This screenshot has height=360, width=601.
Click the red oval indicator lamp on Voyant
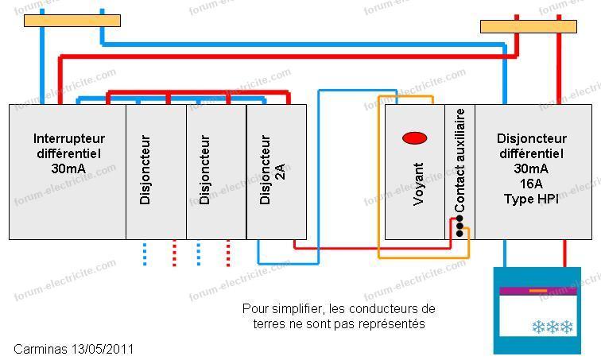pos(415,137)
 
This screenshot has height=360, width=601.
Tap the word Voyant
pos(418,184)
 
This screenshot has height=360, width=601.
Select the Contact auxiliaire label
pos(459,160)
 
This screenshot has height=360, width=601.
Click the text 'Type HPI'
pos(531,199)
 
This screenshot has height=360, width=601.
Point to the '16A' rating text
pos(531,184)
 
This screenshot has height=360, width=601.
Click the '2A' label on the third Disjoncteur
pos(281,171)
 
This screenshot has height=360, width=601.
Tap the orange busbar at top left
pos(72,21)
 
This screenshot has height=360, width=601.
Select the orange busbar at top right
pos(529,27)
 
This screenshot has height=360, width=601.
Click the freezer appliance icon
pos(537,311)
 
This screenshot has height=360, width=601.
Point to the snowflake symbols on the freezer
pos(553,327)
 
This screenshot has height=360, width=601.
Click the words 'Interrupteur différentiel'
pos(69,146)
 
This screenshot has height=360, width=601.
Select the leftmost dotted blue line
pos(145,254)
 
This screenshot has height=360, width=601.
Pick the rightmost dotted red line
pos(228,254)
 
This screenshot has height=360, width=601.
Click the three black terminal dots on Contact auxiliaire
pos(459,226)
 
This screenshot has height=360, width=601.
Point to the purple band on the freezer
pos(537,291)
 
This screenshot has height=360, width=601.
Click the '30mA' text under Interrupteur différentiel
pos(68,168)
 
